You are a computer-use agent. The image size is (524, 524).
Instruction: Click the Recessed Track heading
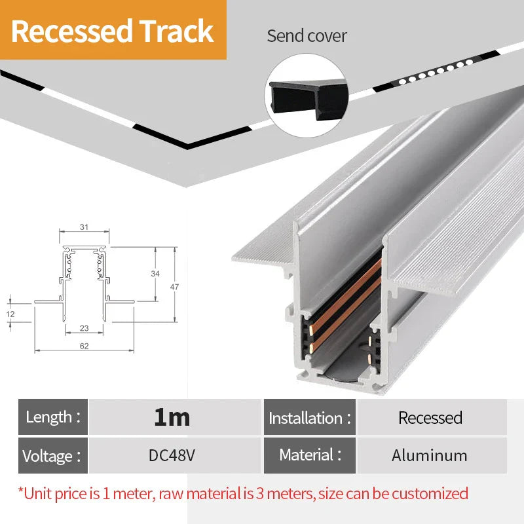[113, 31]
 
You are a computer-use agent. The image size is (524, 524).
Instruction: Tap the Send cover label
[307, 35]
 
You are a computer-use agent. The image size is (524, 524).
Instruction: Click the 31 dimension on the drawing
[84, 227]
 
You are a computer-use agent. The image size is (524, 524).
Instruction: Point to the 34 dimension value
[155, 274]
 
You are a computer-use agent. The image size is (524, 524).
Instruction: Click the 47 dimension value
[174, 287]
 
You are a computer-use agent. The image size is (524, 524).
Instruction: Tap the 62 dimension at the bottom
[84, 346]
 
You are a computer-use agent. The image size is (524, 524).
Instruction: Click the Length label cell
[52, 417]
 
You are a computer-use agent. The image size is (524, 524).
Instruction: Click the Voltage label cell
[52, 455]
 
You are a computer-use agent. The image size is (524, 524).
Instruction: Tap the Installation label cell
[309, 417]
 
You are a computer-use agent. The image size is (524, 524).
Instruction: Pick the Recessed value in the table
[430, 417]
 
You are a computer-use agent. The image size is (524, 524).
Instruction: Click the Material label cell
[309, 455]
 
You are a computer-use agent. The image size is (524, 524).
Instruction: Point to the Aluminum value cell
[430, 455]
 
